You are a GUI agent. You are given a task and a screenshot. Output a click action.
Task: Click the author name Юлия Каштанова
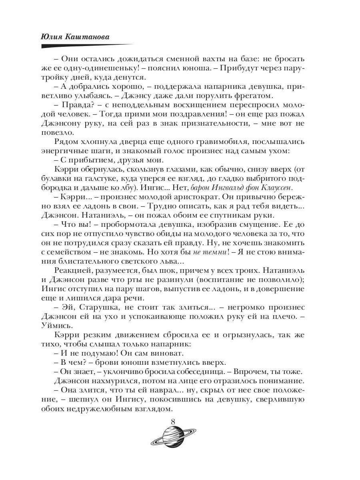[76, 36]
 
